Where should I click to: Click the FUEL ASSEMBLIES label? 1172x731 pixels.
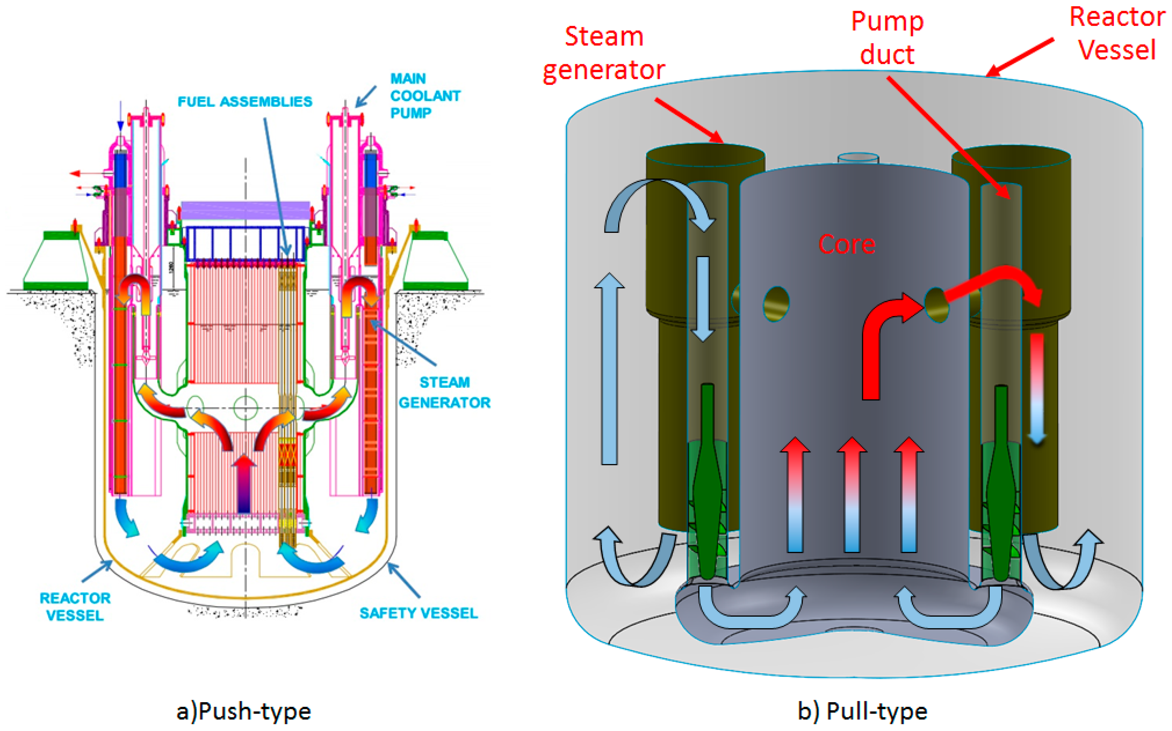pyautogui.click(x=245, y=102)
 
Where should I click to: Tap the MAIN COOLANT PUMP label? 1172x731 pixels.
pyautogui.click(x=425, y=96)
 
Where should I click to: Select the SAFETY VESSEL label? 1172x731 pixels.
pyautogui.click(x=419, y=613)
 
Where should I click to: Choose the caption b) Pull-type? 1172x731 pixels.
pyautogui.click(x=862, y=711)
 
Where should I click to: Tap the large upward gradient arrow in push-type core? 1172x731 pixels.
pyautogui.click(x=244, y=483)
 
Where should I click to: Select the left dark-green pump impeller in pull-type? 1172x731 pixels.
pyautogui.click(x=707, y=483)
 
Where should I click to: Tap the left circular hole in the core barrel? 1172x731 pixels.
pyautogui.click(x=776, y=304)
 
